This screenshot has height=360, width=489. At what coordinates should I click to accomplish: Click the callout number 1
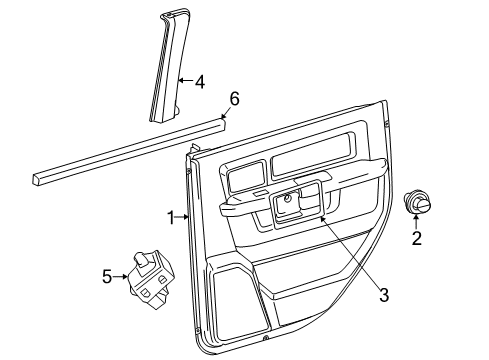point(171,216)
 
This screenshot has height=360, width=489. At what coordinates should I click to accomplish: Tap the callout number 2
point(417,238)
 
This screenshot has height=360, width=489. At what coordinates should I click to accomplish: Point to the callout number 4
point(199,83)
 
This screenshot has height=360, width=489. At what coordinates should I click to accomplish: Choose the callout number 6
point(234,98)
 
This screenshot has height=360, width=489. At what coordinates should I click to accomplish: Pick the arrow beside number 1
point(182,216)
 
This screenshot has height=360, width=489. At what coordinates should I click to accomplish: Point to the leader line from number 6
point(225,112)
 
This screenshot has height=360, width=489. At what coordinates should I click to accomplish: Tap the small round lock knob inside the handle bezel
point(288,200)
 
